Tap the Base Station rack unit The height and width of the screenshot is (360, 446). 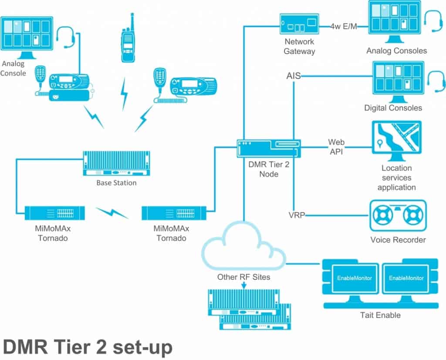tap(116, 163)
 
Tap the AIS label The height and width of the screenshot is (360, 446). tap(293, 76)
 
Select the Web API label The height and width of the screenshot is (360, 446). tap(336, 147)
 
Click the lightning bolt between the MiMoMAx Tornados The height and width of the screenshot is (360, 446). tap(113, 213)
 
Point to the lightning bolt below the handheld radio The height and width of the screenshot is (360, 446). tap(125, 93)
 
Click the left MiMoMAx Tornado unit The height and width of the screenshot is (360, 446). tap(54, 214)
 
